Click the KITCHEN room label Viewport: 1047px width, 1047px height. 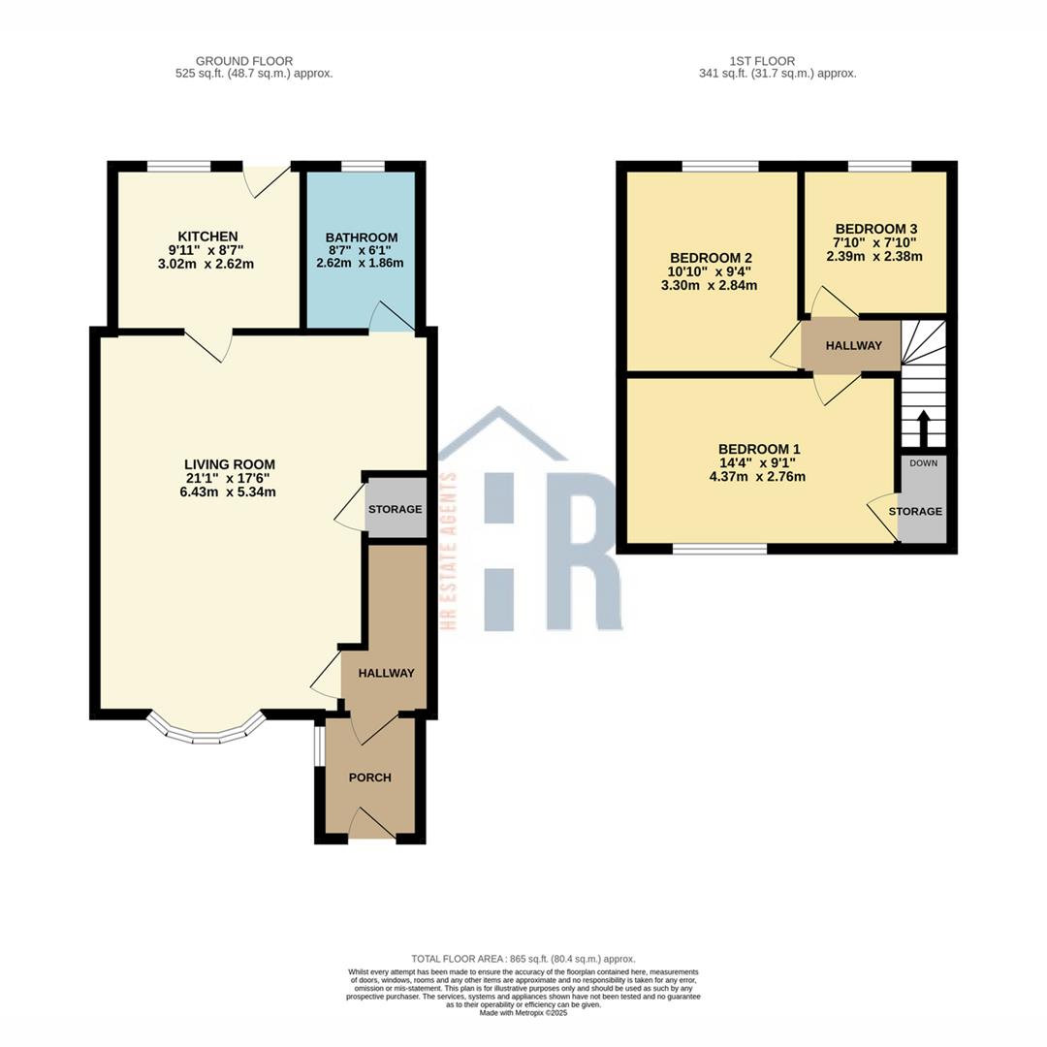tap(207, 237)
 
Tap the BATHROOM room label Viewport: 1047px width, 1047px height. tap(362, 238)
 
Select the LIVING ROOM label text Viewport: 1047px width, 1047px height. tap(230, 464)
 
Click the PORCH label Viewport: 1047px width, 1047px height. tap(370, 777)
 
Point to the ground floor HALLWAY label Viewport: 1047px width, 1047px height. tap(386, 673)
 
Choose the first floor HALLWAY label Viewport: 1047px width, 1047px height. tap(853, 346)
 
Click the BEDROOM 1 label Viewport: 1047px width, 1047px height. tap(758, 450)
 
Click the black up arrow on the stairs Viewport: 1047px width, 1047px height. tap(924, 428)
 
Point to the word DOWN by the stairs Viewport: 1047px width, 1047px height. tap(924, 462)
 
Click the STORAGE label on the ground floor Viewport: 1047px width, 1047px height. tap(396, 510)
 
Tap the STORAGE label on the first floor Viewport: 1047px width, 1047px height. tap(915, 512)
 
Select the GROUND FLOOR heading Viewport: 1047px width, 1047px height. tap(244, 61)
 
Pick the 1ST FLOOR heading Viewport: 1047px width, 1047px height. tap(762, 61)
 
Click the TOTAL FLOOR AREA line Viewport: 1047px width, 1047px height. tap(523, 959)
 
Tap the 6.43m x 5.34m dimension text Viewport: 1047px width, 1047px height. tap(228, 492)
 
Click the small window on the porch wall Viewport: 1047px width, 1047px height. tap(319, 746)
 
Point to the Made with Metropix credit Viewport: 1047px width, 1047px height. tap(523, 1013)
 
